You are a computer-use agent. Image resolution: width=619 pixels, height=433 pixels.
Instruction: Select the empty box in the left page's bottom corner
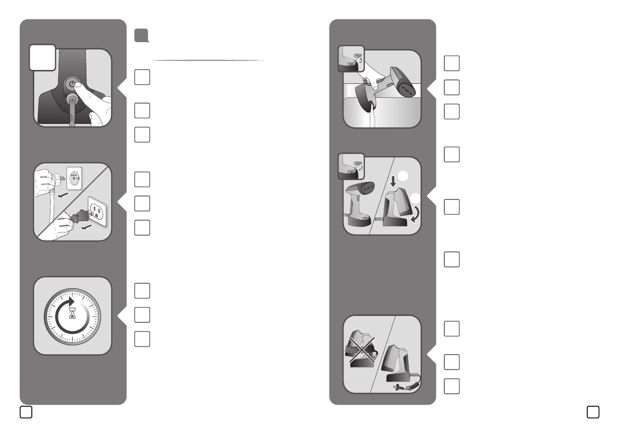[26, 412]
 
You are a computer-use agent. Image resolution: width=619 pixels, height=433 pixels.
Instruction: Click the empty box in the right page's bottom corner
[593, 412]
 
